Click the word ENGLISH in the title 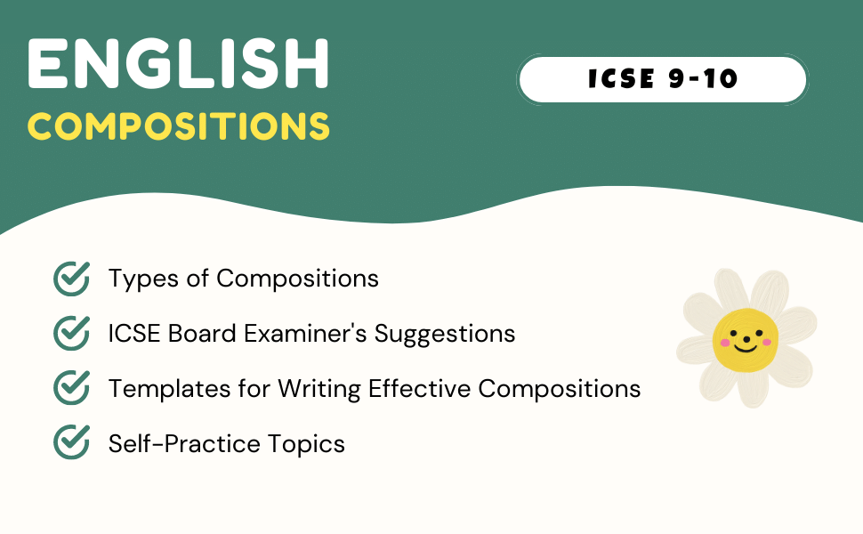coord(178,66)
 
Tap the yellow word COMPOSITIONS coord(178,127)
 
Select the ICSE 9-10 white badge coord(662,79)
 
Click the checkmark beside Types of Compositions coord(71,279)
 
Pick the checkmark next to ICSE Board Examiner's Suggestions coord(71,333)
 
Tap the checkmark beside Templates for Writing coord(71,388)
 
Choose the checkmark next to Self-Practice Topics coord(71,442)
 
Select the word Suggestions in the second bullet coord(445,334)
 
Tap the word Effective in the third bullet coord(419,388)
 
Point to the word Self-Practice coord(174,443)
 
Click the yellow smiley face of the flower coord(746,338)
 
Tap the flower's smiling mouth coord(746,347)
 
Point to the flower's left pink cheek coord(724,343)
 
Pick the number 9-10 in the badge coord(703,79)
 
